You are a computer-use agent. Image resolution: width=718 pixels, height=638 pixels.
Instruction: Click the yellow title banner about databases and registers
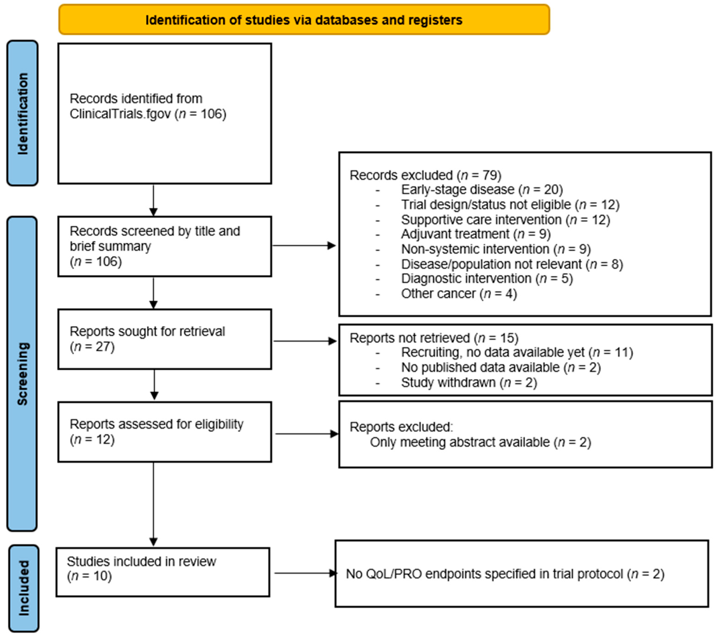coord(304,20)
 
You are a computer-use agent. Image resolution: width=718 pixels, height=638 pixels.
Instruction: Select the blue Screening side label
coord(22,373)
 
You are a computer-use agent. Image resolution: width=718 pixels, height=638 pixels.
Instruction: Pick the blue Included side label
coord(23,588)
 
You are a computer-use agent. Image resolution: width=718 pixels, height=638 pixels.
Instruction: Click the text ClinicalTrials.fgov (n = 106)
coord(148,114)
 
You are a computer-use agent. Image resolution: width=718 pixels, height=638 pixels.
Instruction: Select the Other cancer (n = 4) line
coord(459,293)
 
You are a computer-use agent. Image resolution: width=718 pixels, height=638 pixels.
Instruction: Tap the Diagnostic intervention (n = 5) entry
coord(487,278)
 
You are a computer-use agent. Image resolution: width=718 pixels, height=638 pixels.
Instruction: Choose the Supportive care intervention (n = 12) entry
coord(505,220)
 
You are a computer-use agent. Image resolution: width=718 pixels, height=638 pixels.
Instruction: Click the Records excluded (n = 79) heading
coord(425,175)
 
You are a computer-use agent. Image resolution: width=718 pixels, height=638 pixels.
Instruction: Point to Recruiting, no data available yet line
coord(517,352)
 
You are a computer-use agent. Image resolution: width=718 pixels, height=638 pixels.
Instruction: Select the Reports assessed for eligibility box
coord(164,432)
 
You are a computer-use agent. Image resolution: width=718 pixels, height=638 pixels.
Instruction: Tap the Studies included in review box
coord(163,572)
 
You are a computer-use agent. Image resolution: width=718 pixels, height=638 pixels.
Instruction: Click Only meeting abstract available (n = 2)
coord(480,442)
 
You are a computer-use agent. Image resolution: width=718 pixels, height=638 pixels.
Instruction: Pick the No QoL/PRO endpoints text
coord(505,574)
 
